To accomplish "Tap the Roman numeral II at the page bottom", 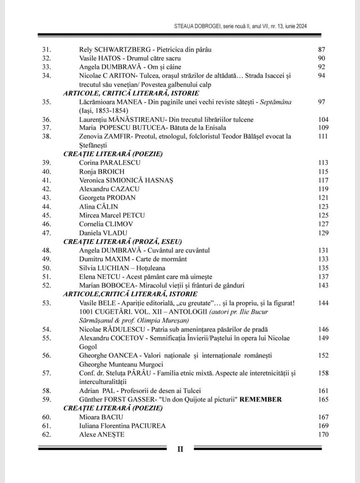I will click(x=180, y=449).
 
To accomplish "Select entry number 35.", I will click(x=46, y=102).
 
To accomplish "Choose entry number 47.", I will click(x=46, y=233).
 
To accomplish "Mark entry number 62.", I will click(x=46, y=434).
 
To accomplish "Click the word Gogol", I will click(x=89, y=346).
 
